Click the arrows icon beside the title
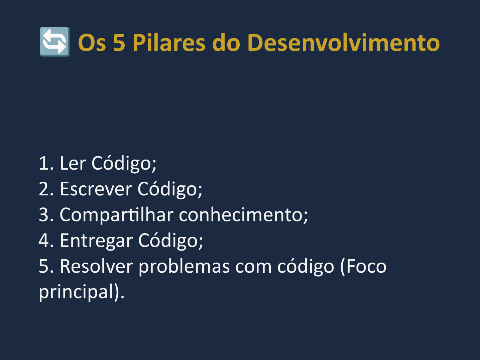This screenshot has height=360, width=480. pyautogui.click(x=55, y=42)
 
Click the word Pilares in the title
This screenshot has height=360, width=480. pyautogui.click(x=169, y=42)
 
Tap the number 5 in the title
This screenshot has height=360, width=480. pyautogui.click(x=119, y=43)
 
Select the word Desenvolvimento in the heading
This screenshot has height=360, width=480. pyautogui.click(x=344, y=42)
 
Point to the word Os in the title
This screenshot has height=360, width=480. pyautogui.click(x=92, y=43)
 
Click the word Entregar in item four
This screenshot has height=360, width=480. pyautogui.click(x=96, y=241)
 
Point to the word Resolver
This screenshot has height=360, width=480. pyautogui.click(x=96, y=266)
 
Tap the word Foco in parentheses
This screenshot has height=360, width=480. pyautogui.click(x=366, y=266)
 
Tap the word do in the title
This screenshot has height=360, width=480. pyautogui.click(x=226, y=42)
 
